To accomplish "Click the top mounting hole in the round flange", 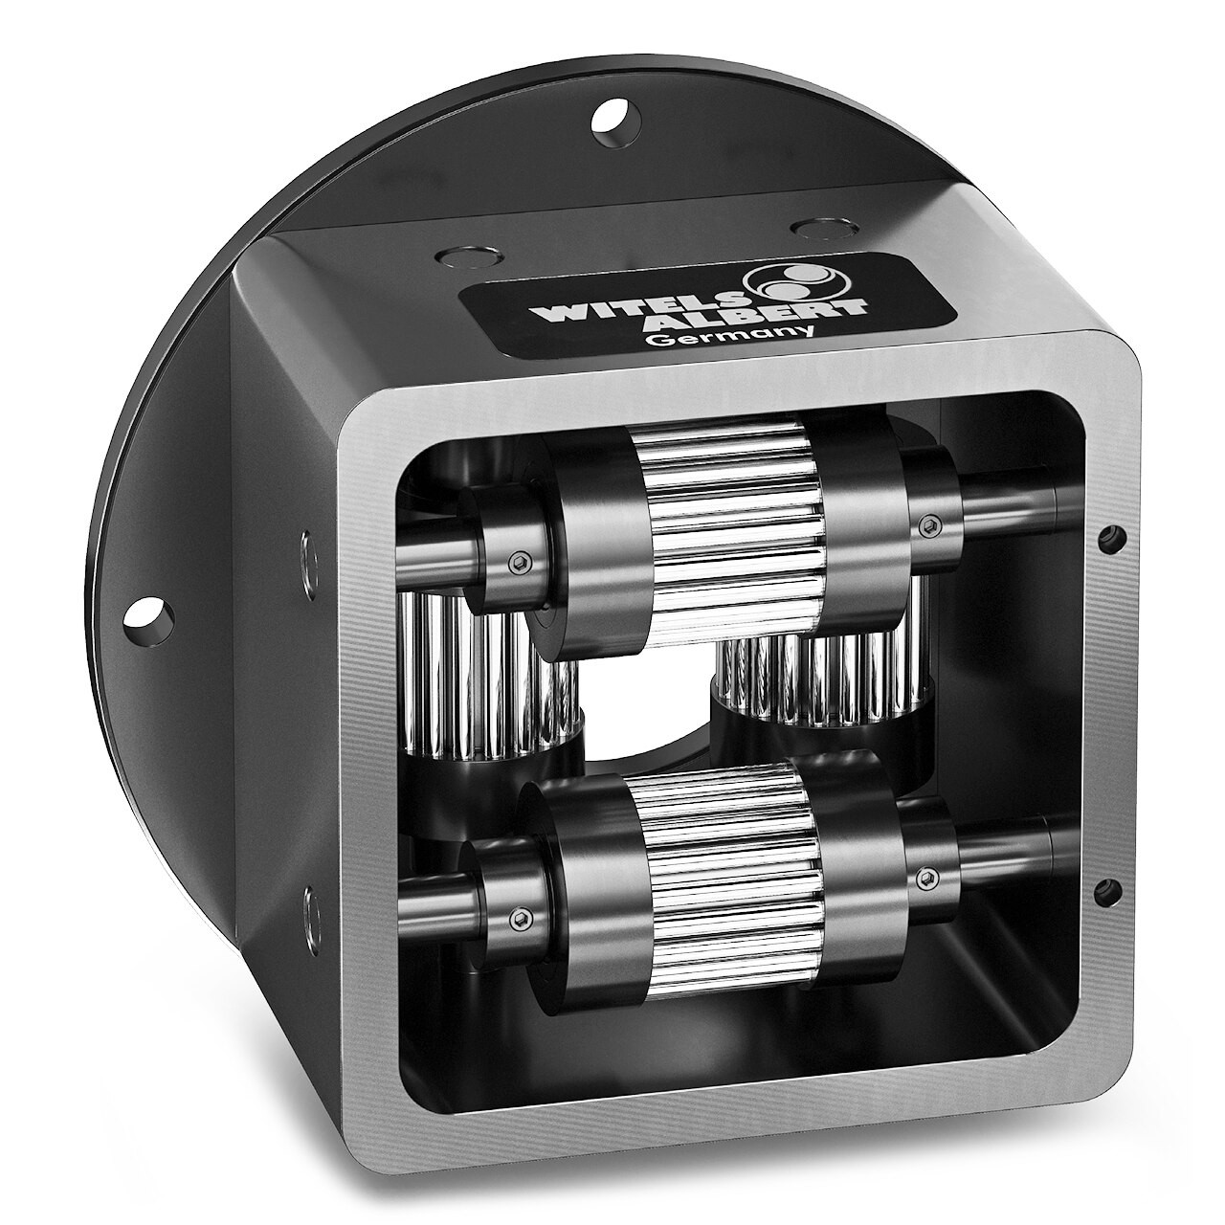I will tap(613, 118).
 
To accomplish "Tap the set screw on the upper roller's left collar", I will tap(518, 565).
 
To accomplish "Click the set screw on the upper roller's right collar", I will tap(926, 523).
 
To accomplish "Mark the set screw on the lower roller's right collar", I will tap(926, 877).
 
